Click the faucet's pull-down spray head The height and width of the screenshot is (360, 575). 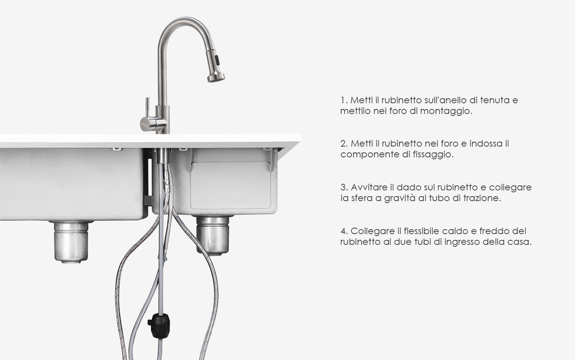[215, 65]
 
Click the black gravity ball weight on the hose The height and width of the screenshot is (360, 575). [159, 325]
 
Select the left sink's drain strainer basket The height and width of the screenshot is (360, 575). [71, 242]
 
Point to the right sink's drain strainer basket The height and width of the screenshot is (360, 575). [213, 235]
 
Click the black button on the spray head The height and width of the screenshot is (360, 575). [217, 59]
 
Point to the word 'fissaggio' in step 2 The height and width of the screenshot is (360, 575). [436, 154]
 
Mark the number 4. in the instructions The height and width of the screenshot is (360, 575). [344, 231]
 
